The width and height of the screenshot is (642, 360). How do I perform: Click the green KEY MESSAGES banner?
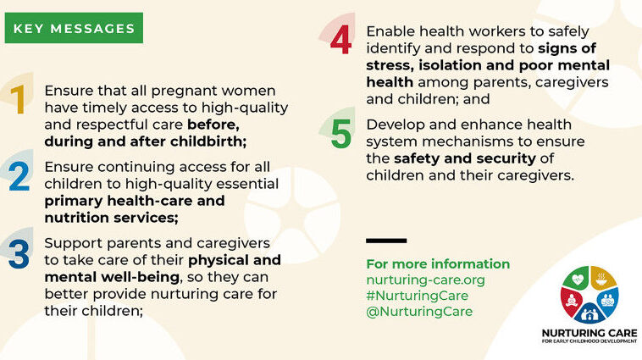74,28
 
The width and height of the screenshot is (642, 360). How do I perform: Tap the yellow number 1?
19,99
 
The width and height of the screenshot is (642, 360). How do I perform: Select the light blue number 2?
19,176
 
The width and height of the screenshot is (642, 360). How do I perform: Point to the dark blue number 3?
19,254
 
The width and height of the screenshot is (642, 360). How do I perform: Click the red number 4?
340,40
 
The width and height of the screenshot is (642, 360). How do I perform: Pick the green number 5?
341,134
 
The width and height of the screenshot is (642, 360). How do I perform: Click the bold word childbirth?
208,141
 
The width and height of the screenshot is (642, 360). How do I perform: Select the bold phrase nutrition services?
111,218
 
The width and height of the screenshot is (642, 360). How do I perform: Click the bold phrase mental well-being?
112,277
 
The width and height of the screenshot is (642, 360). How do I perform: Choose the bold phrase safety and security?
465,158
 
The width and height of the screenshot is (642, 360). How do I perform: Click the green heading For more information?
438,263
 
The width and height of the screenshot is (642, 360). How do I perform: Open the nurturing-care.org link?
425,280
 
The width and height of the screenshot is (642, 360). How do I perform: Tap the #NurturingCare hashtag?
418,296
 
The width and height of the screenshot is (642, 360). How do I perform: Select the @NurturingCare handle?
419,312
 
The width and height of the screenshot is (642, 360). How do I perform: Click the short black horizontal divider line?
386,241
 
